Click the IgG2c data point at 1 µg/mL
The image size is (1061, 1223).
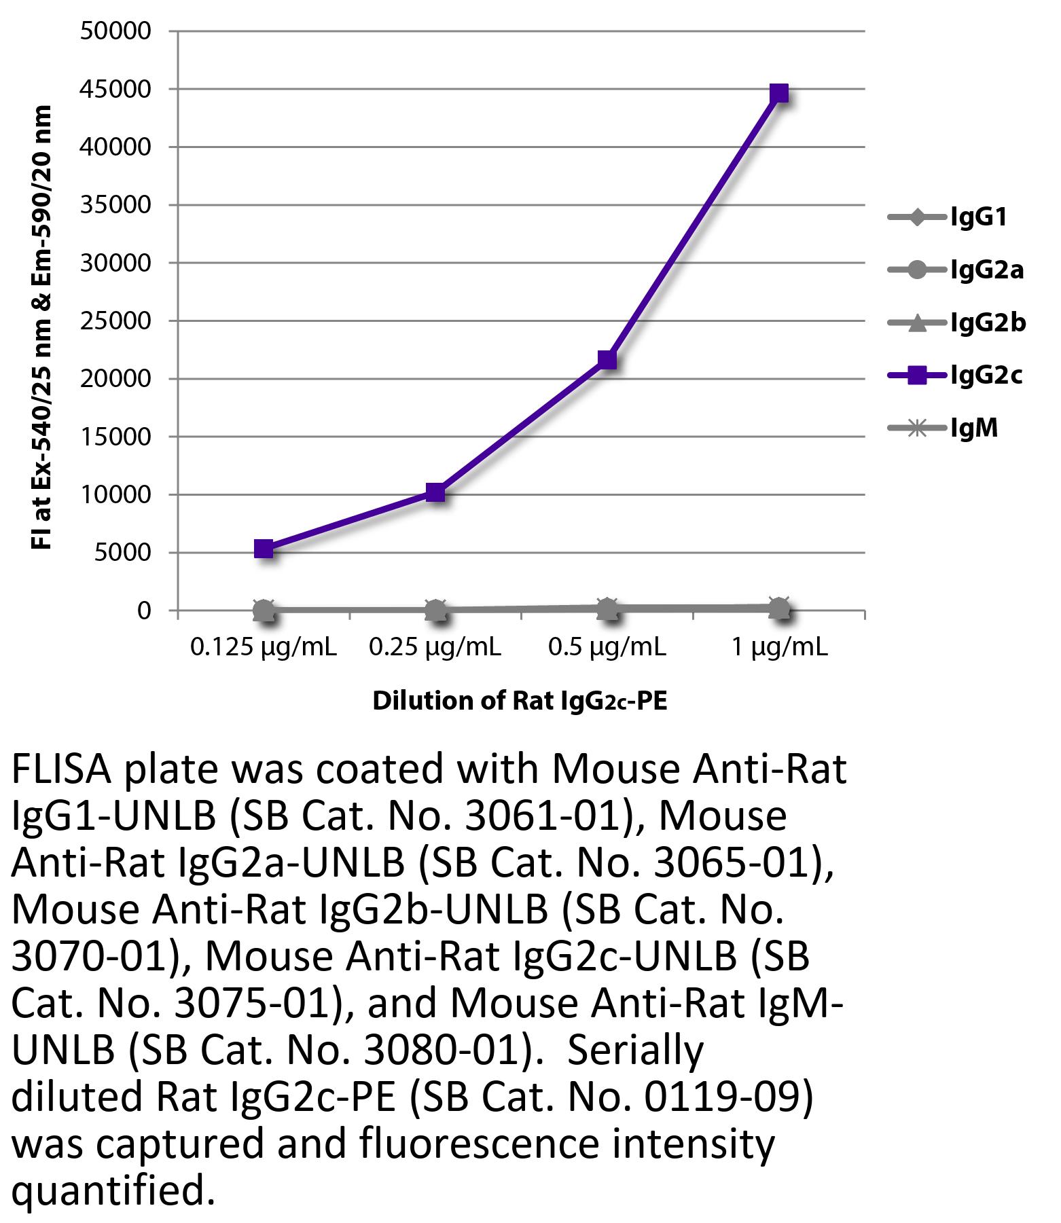(x=778, y=92)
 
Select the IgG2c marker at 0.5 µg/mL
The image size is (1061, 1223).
(x=607, y=359)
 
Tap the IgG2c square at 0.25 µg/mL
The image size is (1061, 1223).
(x=435, y=492)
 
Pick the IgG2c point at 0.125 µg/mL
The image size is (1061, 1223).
(x=264, y=549)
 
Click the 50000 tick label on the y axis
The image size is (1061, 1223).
(x=115, y=31)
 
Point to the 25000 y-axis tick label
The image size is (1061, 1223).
(x=115, y=321)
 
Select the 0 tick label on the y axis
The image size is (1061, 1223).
(x=143, y=610)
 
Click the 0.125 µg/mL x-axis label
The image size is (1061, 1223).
(x=264, y=648)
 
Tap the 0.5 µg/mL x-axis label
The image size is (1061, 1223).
(x=607, y=648)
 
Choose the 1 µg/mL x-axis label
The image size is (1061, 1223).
(x=778, y=648)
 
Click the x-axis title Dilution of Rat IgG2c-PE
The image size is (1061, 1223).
(x=520, y=701)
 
